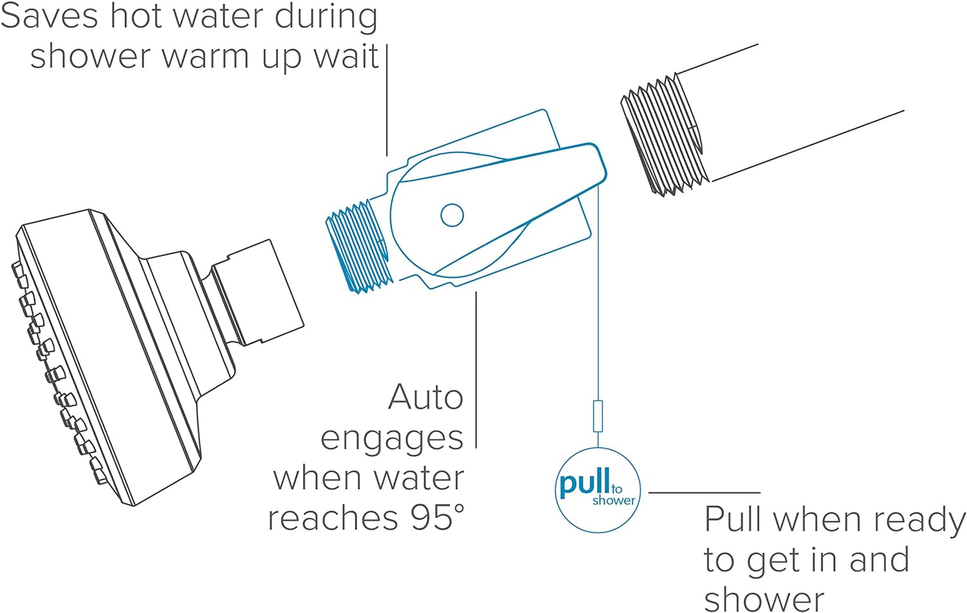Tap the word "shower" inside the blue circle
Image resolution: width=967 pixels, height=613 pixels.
point(614,501)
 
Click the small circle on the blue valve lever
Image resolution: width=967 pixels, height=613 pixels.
point(452,215)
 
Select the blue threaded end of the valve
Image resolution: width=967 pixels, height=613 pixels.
point(358,248)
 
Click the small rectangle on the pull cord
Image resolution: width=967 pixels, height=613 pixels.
point(598,416)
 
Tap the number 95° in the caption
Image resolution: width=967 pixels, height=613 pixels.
point(437,517)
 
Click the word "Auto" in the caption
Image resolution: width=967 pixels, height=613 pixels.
point(425,397)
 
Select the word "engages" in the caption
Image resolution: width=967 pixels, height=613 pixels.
point(391,439)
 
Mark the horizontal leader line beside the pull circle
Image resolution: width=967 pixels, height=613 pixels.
point(704,492)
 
